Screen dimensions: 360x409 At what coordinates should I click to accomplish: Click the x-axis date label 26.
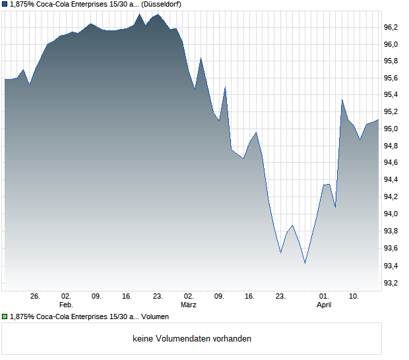pos(36,297)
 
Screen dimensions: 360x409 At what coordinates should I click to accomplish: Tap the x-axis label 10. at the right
pos(354,297)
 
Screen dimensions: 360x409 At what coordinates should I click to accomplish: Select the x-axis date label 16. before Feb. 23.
pos(127,297)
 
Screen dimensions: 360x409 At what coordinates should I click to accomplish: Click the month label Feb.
pos(65,305)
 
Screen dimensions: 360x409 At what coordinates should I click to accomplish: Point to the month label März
pos(189,305)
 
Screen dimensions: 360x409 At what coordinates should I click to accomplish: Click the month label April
pos(324,305)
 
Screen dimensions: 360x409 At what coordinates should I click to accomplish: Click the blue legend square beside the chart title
pos(5,4)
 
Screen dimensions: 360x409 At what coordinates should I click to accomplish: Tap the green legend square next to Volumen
pos(5,317)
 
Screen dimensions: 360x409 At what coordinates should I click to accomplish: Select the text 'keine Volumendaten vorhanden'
pos(192,339)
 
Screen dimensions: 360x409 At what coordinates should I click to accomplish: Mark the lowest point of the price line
pos(305,263)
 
